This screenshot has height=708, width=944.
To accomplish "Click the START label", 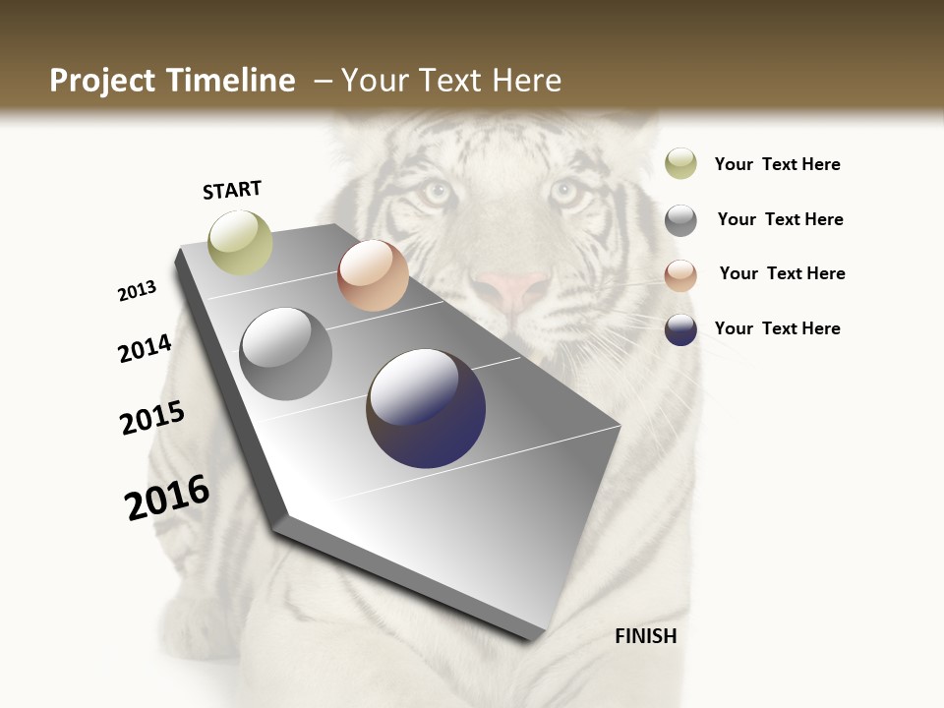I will pyautogui.click(x=232, y=190).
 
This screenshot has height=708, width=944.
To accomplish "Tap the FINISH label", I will pyautogui.click(x=645, y=636).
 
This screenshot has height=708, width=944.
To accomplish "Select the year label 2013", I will pyautogui.click(x=138, y=291).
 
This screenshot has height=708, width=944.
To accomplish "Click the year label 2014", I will pyautogui.click(x=146, y=349).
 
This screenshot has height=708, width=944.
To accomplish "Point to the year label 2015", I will pyautogui.click(x=152, y=418).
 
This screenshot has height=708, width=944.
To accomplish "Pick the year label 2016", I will pyautogui.click(x=168, y=498).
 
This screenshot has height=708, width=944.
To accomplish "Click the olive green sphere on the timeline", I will pyautogui.click(x=241, y=242).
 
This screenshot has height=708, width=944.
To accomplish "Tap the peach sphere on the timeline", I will pyautogui.click(x=373, y=275).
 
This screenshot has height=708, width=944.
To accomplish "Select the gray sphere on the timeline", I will pyautogui.click(x=286, y=354).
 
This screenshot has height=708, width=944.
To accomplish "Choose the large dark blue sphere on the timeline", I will pyautogui.click(x=427, y=408).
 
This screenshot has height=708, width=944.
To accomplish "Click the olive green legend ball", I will pyautogui.click(x=680, y=163).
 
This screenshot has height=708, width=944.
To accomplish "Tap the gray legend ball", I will pyautogui.click(x=680, y=219).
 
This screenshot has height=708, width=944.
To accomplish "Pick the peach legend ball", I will pyautogui.click(x=680, y=275).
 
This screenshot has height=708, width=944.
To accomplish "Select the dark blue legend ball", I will pyautogui.click(x=680, y=329).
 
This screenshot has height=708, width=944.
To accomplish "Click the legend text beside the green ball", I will pyautogui.click(x=777, y=164).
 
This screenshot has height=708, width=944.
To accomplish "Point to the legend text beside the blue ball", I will pyautogui.click(x=777, y=328).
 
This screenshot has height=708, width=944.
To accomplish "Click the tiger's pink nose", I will pyautogui.click(x=509, y=289).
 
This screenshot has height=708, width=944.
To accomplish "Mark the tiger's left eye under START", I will pyautogui.click(x=434, y=191).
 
